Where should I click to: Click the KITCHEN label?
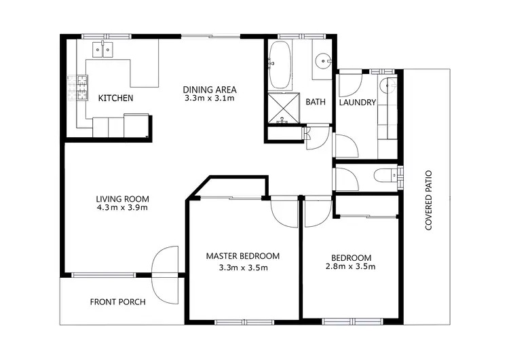coord(115,98)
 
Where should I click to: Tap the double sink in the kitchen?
coord(102,50)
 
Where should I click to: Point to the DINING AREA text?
coord(210,88)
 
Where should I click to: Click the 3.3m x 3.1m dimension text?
coord(210,98)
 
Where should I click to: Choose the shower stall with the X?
coord(284,109)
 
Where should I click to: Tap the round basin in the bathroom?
coord(322,61)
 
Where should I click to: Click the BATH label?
coord(315,103)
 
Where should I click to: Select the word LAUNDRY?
coord(357,103)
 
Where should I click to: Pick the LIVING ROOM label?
coord(122,198)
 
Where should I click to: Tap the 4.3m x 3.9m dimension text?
coord(122,208)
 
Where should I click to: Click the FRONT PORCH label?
coord(118,302)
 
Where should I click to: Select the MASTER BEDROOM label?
coord(243,256)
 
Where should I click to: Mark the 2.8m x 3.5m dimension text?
coord(351,267)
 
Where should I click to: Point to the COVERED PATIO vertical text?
coord(429,201)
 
